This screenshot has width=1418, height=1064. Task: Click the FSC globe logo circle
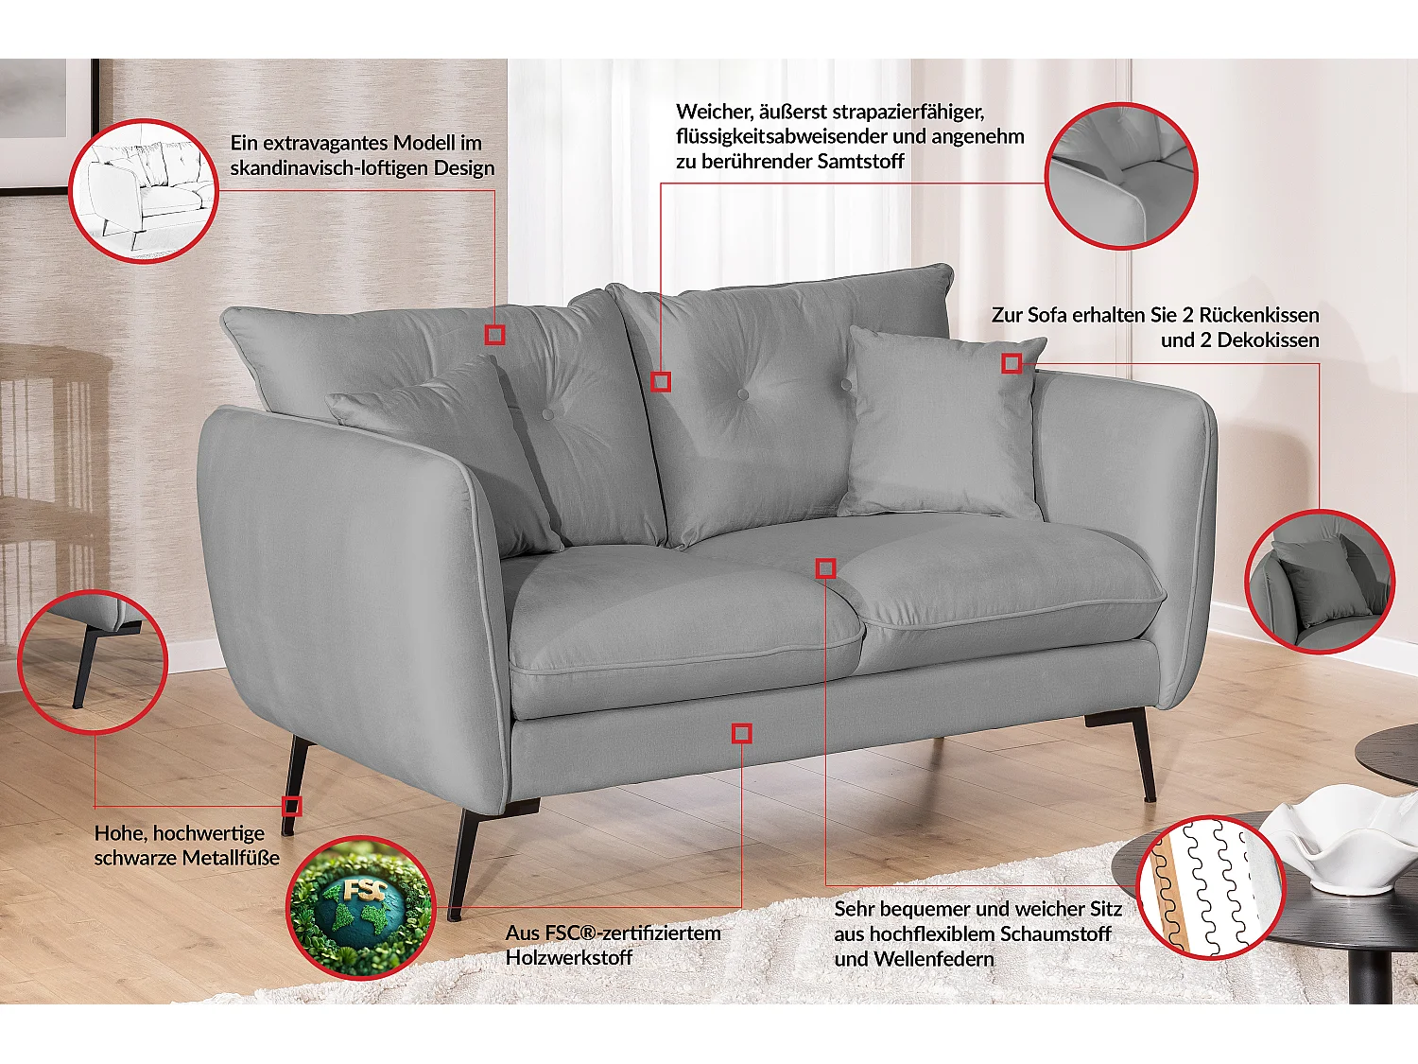pos(360,908)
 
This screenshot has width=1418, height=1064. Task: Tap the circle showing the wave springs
pos(1210,887)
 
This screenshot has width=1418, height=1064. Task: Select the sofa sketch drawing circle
pos(144,190)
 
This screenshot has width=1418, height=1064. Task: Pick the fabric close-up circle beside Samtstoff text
pos(1121,176)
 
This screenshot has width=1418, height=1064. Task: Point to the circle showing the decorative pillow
pos(1321,581)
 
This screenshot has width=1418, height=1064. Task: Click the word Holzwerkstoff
pos(569,957)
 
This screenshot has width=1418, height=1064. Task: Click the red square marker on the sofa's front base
pos(742,733)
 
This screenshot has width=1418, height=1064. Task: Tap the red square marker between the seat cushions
pos(826,567)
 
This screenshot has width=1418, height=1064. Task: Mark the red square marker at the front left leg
pos(292,806)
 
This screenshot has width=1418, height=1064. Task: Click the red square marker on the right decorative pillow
pos(1012,363)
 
